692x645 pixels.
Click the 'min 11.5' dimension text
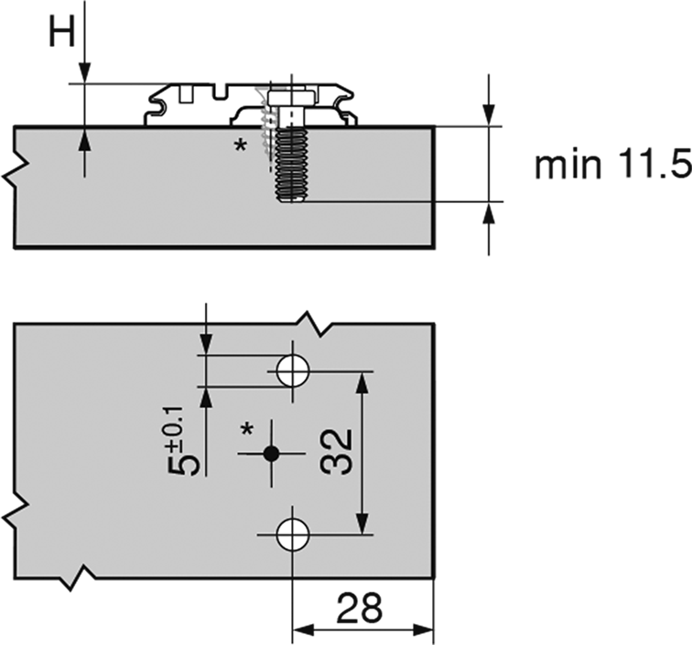613,164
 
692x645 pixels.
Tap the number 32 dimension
336,452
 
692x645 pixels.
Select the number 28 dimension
359,607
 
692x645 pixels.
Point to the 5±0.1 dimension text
183,441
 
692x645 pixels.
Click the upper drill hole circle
292,371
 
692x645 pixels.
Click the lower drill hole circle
292,534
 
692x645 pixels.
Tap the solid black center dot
271,453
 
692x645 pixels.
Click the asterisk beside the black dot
247,430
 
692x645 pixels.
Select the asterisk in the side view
241,145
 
